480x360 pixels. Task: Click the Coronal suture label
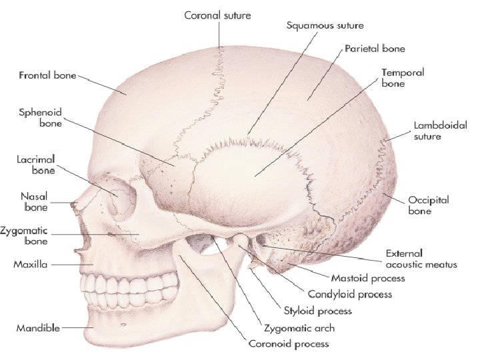[x=217, y=15]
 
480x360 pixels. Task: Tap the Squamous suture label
[x=325, y=25]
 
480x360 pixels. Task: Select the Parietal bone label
[x=375, y=49]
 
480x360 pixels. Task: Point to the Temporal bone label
[x=403, y=77]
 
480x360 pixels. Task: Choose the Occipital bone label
[x=429, y=205]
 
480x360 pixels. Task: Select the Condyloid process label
[x=350, y=294]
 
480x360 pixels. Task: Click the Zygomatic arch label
[x=300, y=328]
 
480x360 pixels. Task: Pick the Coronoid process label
[x=288, y=344]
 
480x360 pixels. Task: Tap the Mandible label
[x=39, y=328]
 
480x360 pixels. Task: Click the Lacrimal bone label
[x=34, y=165]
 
